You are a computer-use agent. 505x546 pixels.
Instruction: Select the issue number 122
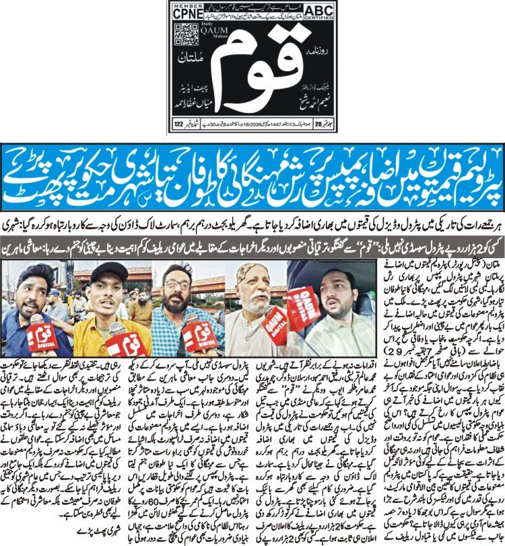pyautogui.click(x=181, y=124)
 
